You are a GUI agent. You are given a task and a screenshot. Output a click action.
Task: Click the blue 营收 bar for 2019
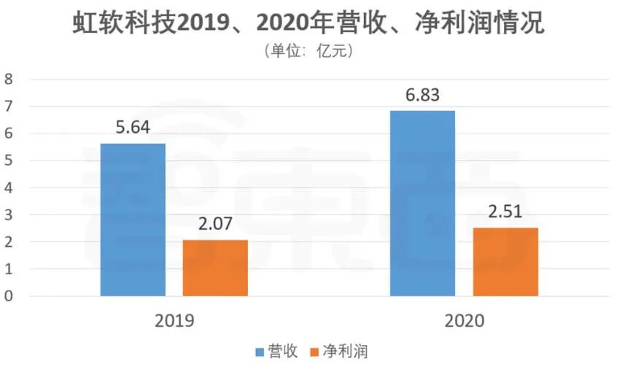[x=133, y=220]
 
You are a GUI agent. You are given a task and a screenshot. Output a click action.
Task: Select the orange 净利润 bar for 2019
[x=215, y=268]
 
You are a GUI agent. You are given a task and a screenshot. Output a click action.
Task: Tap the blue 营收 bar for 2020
[x=422, y=204]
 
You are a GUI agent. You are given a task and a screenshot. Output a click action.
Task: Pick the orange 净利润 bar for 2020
[x=505, y=262]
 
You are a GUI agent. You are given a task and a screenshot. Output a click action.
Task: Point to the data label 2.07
[x=215, y=224]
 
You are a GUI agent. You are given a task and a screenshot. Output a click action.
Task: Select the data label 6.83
[x=422, y=96]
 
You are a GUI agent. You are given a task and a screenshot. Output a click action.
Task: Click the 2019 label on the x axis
[x=174, y=320]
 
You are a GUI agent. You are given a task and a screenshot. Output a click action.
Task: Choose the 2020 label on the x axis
[x=464, y=320]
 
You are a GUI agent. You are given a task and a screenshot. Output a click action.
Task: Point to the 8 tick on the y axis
[x=9, y=80]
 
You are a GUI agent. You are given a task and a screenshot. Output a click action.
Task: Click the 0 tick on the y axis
[x=9, y=296]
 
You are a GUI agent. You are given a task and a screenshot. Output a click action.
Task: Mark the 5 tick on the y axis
[x=9, y=161]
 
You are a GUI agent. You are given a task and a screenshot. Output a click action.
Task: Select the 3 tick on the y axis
[x=9, y=215]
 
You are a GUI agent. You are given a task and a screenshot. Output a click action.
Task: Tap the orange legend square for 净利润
[x=316, y=352]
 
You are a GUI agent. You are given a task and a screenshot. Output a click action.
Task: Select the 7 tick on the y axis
[x=9, y=107]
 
